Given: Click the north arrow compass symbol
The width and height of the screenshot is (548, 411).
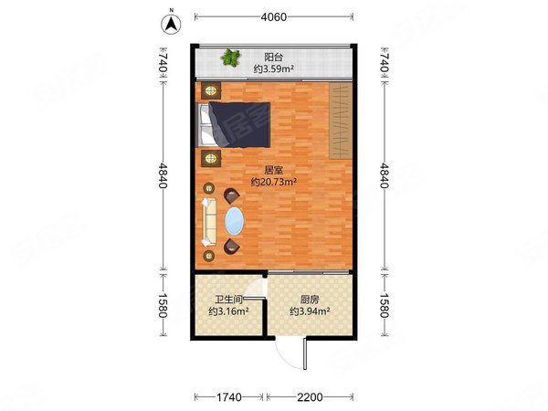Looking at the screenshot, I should [x=170, y=24].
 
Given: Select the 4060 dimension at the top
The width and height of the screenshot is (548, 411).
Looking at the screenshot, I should [x=273, y=16].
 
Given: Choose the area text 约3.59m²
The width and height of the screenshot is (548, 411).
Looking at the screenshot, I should [x=273, y=68].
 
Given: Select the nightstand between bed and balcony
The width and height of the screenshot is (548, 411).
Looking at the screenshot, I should [x=212, y=90].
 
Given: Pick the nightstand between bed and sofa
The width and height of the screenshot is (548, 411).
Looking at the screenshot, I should [x=212, y=158].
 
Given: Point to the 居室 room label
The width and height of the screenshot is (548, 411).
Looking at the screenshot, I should [x=273, y=170].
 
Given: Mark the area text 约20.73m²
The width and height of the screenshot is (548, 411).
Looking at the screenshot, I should [x=273, y=182].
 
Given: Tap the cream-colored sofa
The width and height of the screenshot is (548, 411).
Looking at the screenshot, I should [x=209, y=223].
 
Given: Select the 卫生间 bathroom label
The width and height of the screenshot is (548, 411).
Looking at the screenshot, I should [x=227, y=299].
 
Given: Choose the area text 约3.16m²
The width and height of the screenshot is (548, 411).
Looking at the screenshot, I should [x=227, y=311].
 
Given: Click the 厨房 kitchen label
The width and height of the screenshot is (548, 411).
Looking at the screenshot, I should [x=310, y=299].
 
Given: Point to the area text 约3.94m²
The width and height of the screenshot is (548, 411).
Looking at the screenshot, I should [x=310, y=311].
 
